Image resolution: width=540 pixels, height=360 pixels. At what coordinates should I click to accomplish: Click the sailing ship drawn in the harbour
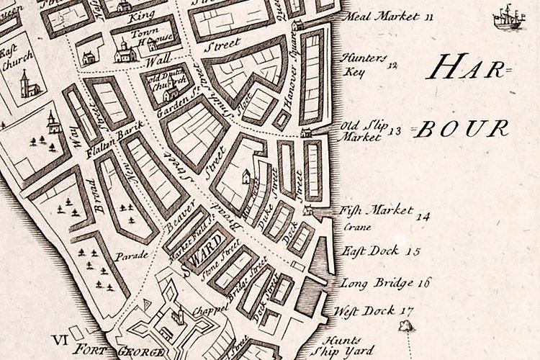[508, 17]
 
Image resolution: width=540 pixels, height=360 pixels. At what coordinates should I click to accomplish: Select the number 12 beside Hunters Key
[392, 66]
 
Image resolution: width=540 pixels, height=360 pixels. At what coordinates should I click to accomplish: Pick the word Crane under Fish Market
[357, 228]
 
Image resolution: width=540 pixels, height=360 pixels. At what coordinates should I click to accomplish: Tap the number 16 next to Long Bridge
[422, 282]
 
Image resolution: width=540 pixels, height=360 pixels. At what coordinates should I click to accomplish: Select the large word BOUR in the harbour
[464, 129]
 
